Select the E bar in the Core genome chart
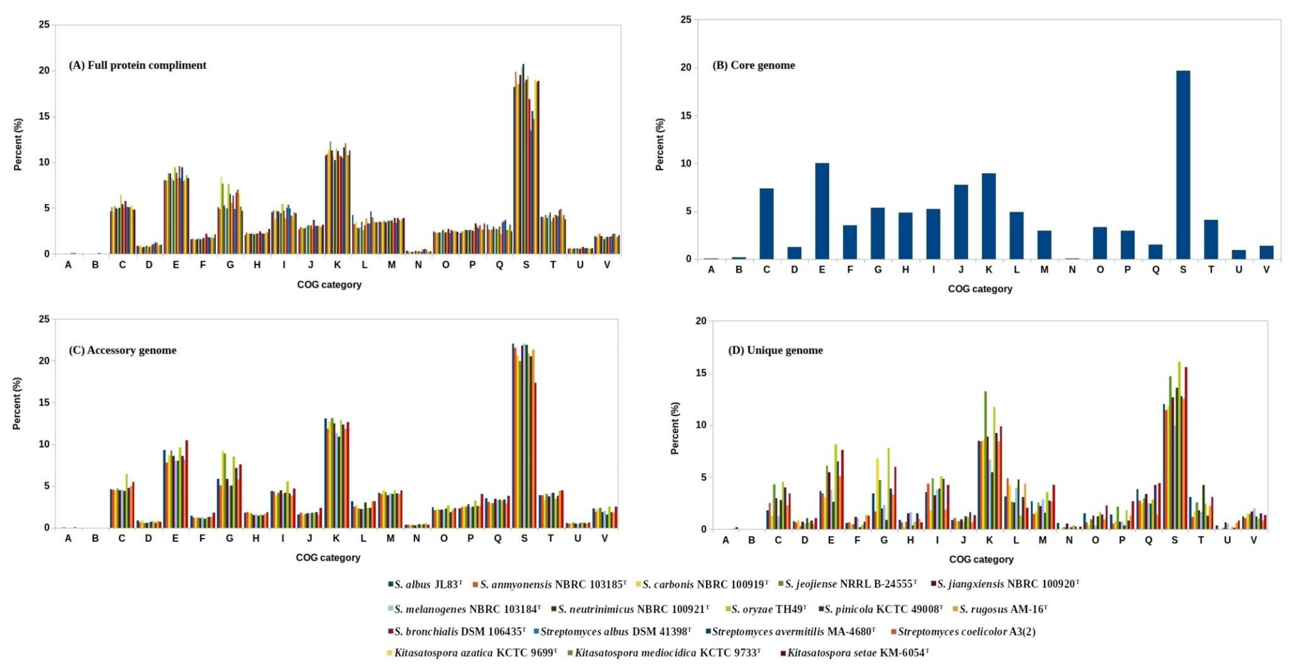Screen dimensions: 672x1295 coord(822,211)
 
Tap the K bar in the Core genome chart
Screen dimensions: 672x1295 coord(989,216)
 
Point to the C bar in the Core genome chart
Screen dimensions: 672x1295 coord(767,224)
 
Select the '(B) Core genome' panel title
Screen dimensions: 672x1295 coord(754,65)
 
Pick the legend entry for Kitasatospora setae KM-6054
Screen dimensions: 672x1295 coord(855,653)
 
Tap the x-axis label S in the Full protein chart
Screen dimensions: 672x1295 coord(526,265)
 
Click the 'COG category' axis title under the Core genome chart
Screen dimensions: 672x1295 coord(980,289)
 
